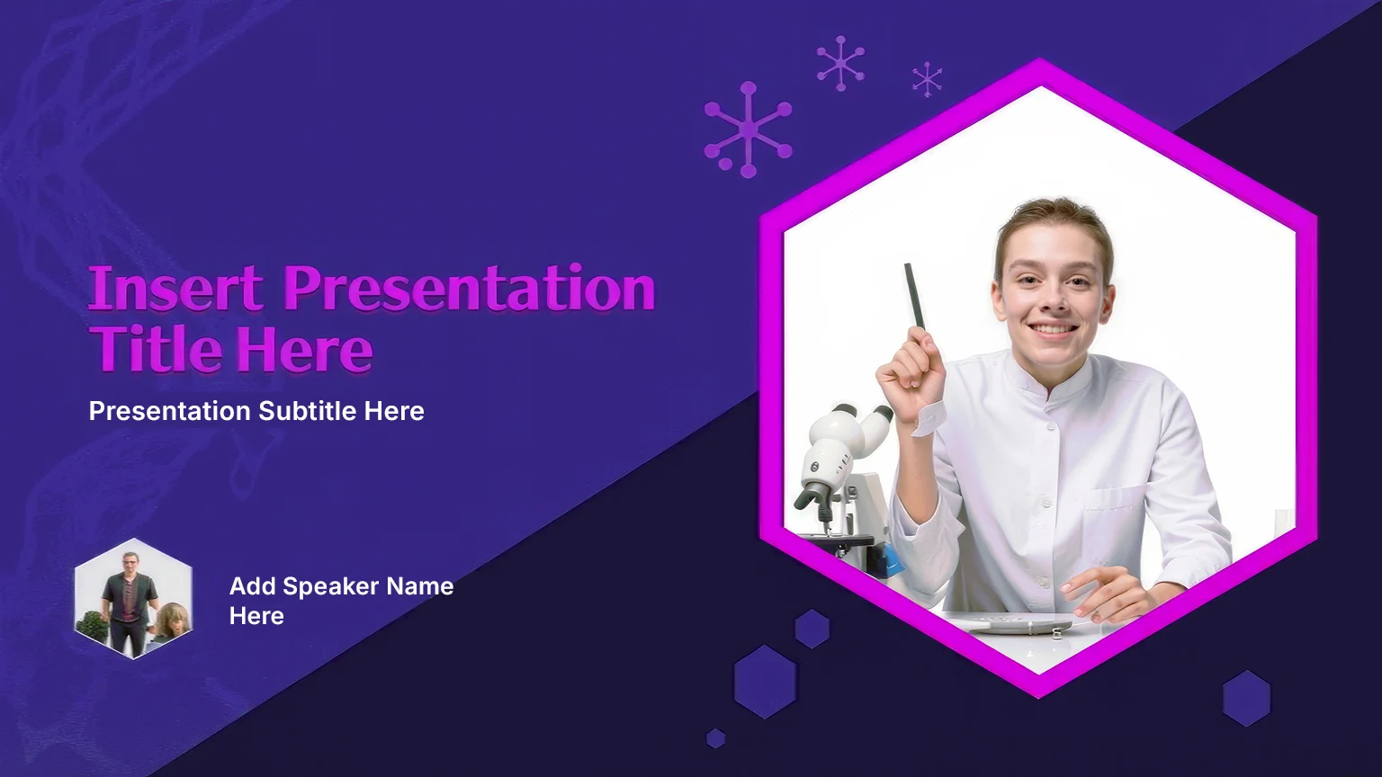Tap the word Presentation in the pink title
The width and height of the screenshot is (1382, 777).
click(x=470, y=289)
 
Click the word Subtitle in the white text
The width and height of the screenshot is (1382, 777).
click(x=307, y=411)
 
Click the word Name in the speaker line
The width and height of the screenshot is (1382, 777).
click(x=419, y=585)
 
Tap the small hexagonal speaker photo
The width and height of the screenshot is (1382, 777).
click(x=133, y=598)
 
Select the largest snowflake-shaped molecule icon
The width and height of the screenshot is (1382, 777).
click(x=748, y=130)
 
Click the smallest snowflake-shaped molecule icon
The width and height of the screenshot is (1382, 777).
click(x=928, y=79)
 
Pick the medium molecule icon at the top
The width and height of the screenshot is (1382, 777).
click(x=840, y=63)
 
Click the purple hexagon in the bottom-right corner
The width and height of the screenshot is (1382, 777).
click(x=1246, y=698)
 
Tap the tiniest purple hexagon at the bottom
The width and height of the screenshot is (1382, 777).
click(x=715, y=738)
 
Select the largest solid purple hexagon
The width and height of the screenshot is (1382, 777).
click(x=765, y=682)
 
